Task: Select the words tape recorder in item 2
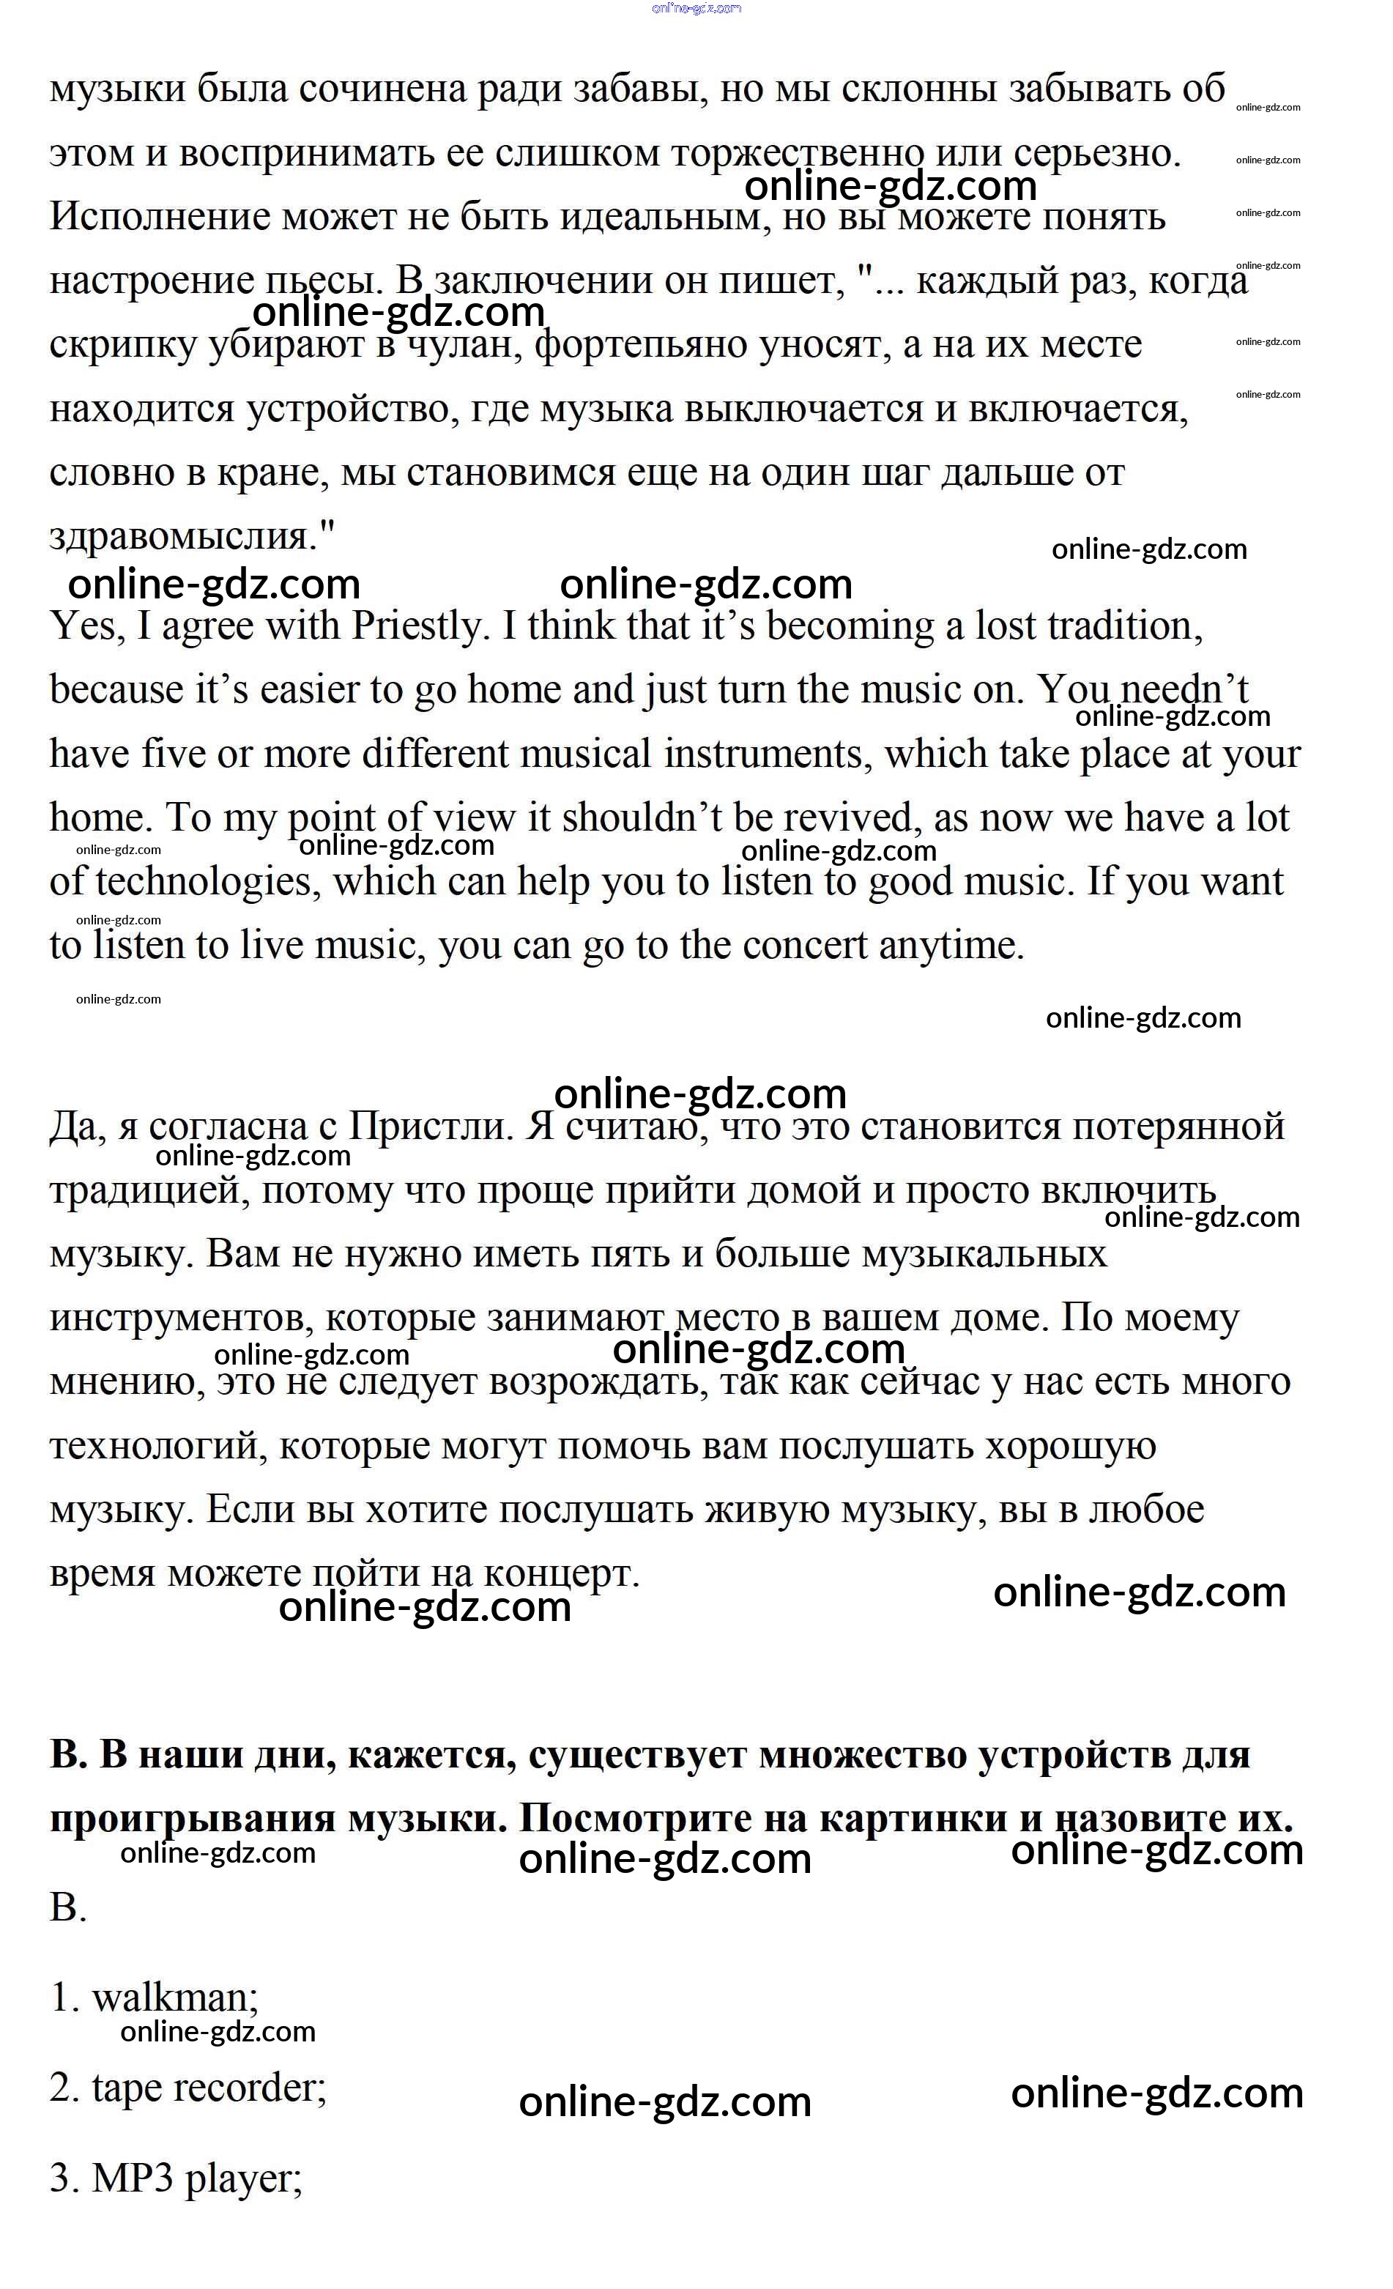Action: pos(208,2089)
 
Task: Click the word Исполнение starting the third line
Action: pos(159,218)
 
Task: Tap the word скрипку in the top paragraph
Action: pos(124,346)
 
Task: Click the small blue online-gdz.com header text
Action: pos(696,8)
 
